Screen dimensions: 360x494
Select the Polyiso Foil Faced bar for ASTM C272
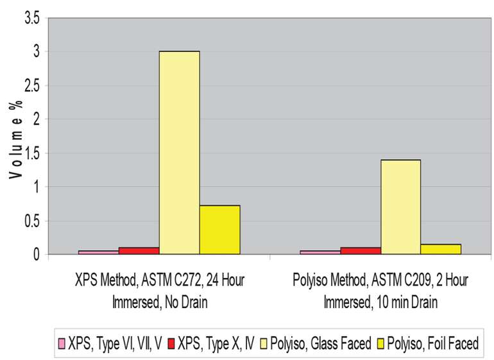coord(219,230)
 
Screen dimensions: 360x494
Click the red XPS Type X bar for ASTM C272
coord(139,251)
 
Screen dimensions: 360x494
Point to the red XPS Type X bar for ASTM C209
coord(360,251)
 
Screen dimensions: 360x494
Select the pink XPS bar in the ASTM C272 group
coord(98,252)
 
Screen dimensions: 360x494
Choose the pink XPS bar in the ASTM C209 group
coord(319,252)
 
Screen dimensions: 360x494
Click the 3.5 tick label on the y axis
coord(31,19)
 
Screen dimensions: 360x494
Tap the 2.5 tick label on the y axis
coord(31,86)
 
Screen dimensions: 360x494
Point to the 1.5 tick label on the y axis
coord(31,154)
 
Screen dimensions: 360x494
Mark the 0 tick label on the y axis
coord(36,255)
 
